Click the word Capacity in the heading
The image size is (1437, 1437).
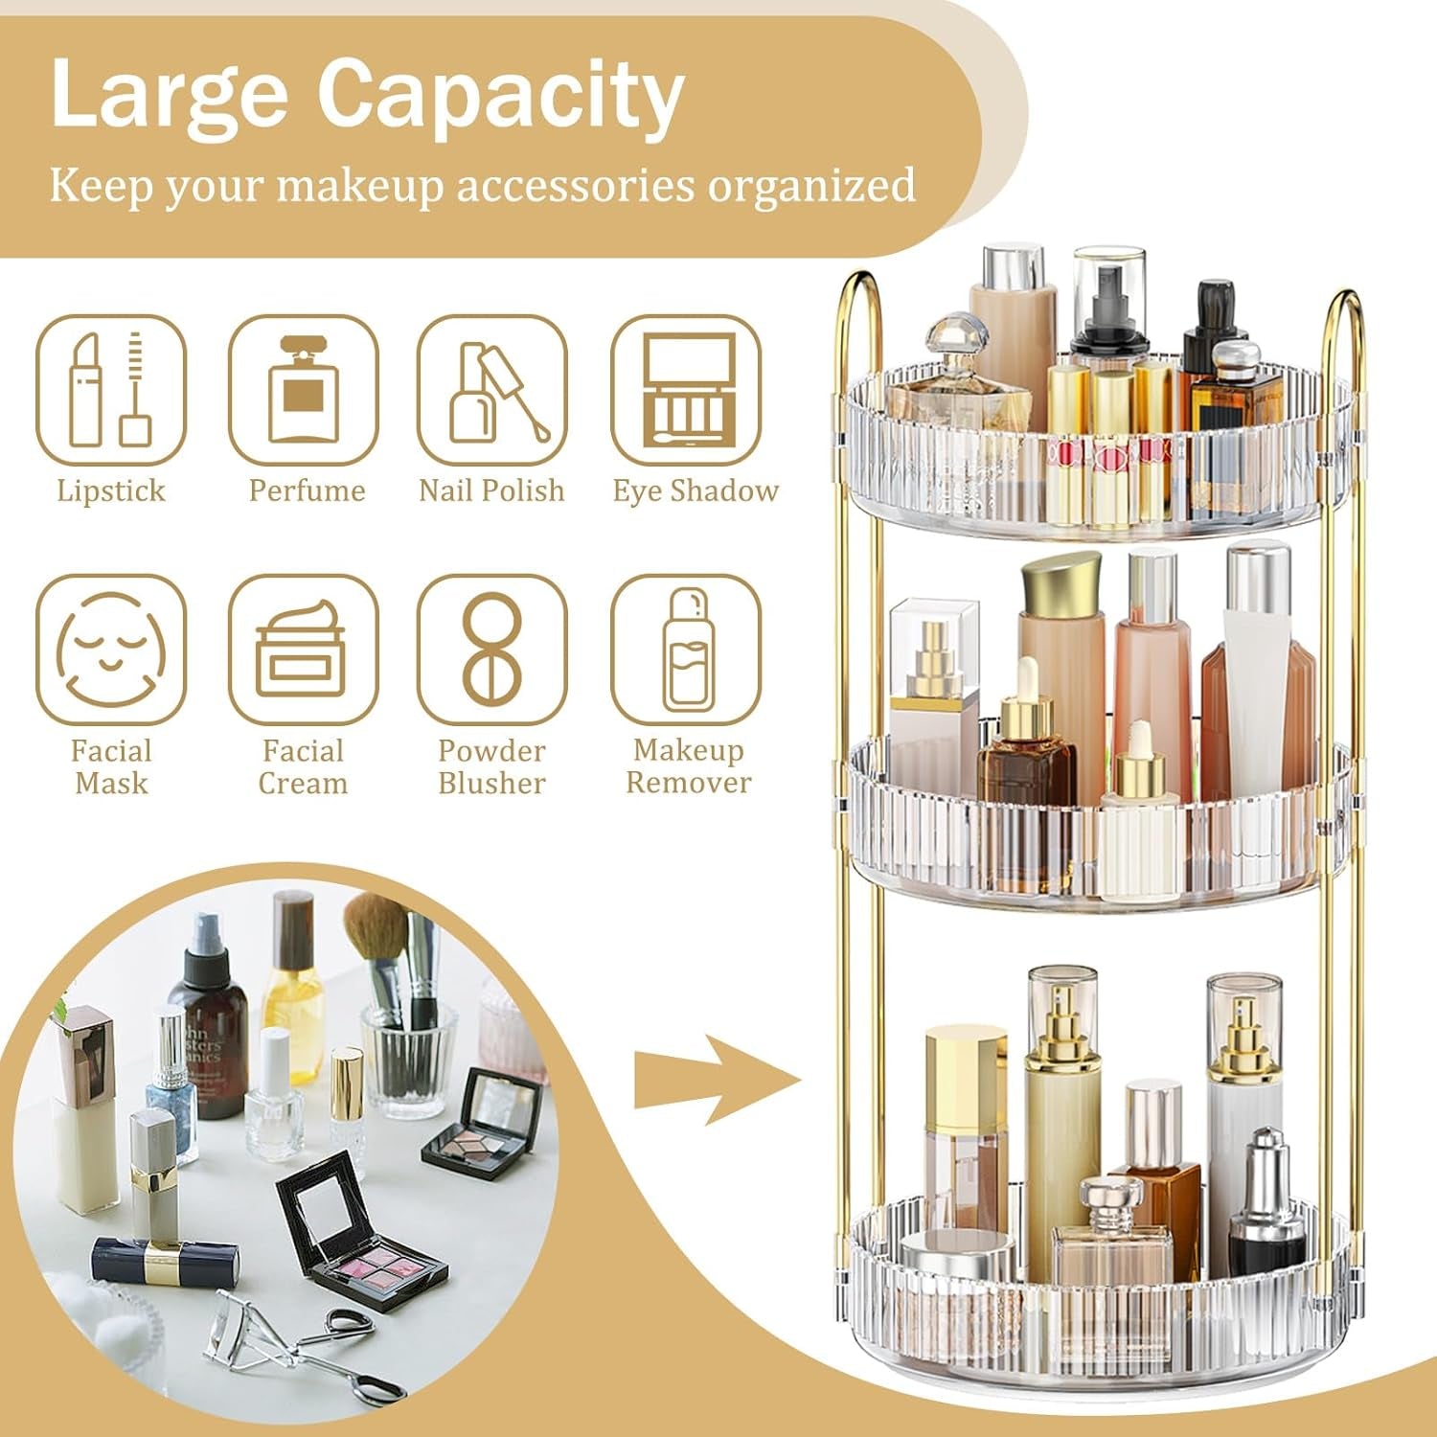500,96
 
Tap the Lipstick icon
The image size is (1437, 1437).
111,390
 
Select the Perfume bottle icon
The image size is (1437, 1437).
304,390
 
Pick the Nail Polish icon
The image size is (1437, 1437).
492,390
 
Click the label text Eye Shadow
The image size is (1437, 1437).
696,490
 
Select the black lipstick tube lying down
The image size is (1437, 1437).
165,1261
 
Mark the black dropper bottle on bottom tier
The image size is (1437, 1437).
1266,1212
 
